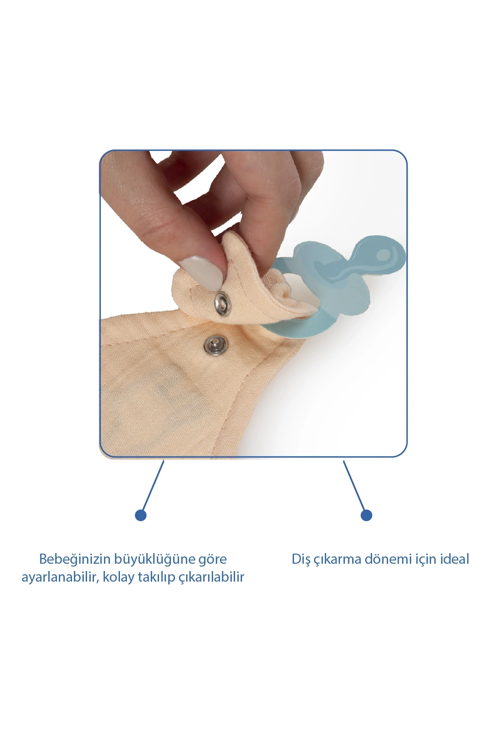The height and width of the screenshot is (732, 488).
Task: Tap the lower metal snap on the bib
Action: pos(216,345)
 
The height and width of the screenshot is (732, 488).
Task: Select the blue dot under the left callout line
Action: pos(141,515)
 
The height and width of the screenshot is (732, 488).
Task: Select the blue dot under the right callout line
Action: pos(366,515)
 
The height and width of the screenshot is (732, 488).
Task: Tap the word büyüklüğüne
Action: pos(155,560)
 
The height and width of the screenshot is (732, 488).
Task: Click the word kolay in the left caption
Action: pos(118,578)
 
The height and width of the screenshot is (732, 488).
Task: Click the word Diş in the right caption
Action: pos(301,560)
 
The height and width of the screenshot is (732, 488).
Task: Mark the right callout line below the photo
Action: pos(354,485)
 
